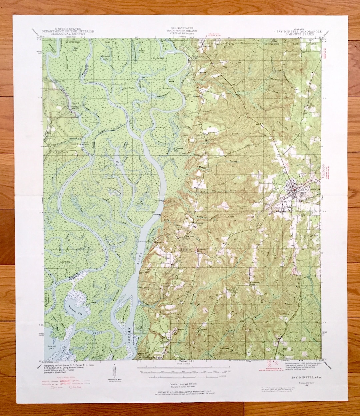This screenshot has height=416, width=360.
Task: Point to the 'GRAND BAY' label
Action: pos(52,349)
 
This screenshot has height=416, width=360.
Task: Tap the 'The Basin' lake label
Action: pos(117,163)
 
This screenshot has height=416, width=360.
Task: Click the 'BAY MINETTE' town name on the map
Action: pos(311,189)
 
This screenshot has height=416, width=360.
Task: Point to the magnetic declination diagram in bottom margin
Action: pos(113,372)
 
